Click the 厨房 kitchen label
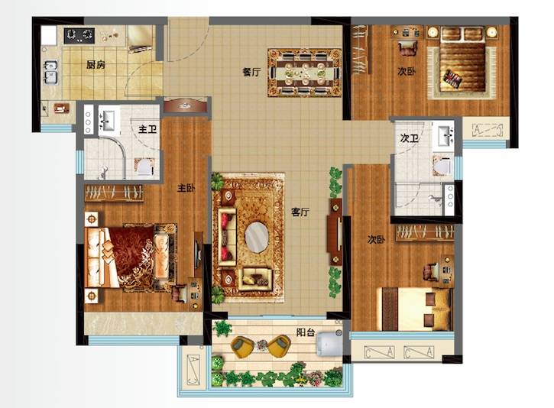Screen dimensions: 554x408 pos(96,65)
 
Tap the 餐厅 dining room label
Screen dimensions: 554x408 pos(251,72)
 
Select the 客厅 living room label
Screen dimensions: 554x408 pos(300,212)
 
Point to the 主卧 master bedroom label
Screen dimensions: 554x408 pos(186,188)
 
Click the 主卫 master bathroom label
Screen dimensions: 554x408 pos(147,129)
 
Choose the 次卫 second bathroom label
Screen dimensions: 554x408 pos(409,138)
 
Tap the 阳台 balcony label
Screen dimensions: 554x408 pos(305,332)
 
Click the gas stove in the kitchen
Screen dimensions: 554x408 pos(79,35)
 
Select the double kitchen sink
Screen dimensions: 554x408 pos(51,72)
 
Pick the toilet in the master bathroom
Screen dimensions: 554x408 pos(145,167)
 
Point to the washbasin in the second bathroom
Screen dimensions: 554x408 pos(445,136)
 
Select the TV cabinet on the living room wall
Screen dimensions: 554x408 pos(334,232)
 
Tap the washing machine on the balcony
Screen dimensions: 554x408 pos(329,343)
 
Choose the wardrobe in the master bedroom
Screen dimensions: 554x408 pos(114,193)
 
